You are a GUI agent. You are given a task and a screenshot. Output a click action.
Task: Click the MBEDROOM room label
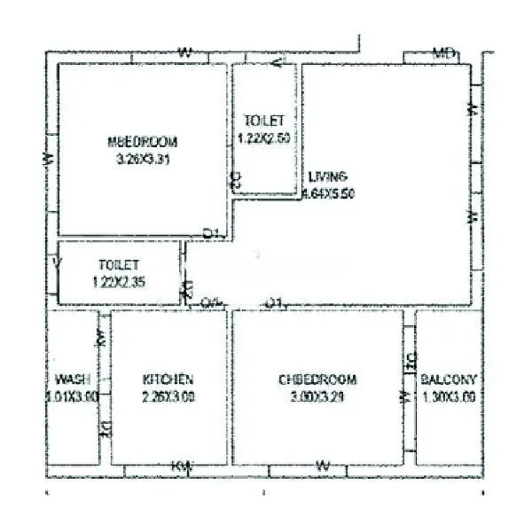(x=143, y=142)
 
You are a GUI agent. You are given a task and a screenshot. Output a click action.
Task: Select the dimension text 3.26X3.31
(x=143, y=159)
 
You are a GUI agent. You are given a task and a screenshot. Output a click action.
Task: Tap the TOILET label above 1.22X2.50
(x=264, y=121)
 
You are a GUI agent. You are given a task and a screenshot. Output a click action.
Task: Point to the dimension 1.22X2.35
(x=119, y=281)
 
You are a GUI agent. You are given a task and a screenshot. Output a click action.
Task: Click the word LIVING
(x=327, y=176)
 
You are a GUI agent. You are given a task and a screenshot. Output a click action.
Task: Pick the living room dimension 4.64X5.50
(x=330, y=194)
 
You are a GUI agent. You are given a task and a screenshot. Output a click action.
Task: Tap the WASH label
(x=68, y=379)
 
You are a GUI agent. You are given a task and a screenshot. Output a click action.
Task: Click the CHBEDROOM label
(x=317, y=379)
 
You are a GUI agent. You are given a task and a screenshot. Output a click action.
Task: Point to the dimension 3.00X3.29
(x=317, y=396)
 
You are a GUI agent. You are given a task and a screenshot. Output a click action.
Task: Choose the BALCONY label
(x=449, y=379)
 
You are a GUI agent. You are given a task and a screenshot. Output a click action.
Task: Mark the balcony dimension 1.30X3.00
(x=449, y=396)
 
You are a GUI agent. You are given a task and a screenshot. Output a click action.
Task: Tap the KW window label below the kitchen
(x=182, y=465)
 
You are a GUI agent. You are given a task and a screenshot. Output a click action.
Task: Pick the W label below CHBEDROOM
(x=323, y=465)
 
